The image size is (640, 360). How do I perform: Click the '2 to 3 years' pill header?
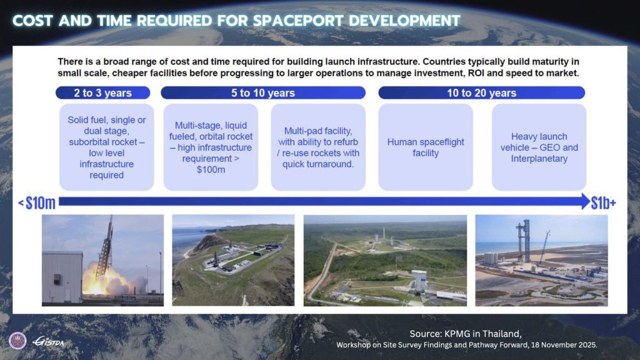[103, 92]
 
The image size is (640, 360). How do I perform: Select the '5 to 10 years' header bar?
[263, 92]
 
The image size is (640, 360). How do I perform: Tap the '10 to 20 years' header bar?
[482, 92]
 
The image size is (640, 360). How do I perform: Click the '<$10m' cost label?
[37, 203]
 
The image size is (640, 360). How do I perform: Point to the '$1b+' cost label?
[604, 203]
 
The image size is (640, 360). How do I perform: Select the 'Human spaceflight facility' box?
[425, 147]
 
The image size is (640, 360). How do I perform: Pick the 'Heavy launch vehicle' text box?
[539, 147]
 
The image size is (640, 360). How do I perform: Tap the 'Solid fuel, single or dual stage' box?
[106, 147]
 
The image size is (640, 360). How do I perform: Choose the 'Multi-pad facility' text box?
[318, 147]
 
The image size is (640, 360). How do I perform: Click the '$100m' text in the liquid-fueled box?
[211, 170]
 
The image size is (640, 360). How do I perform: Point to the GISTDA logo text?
[48, 342]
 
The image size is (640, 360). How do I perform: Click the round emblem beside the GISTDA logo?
[17, 341]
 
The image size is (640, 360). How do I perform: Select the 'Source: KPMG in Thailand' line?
[465, 334]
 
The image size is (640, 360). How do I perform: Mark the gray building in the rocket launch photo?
[62, 277]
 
